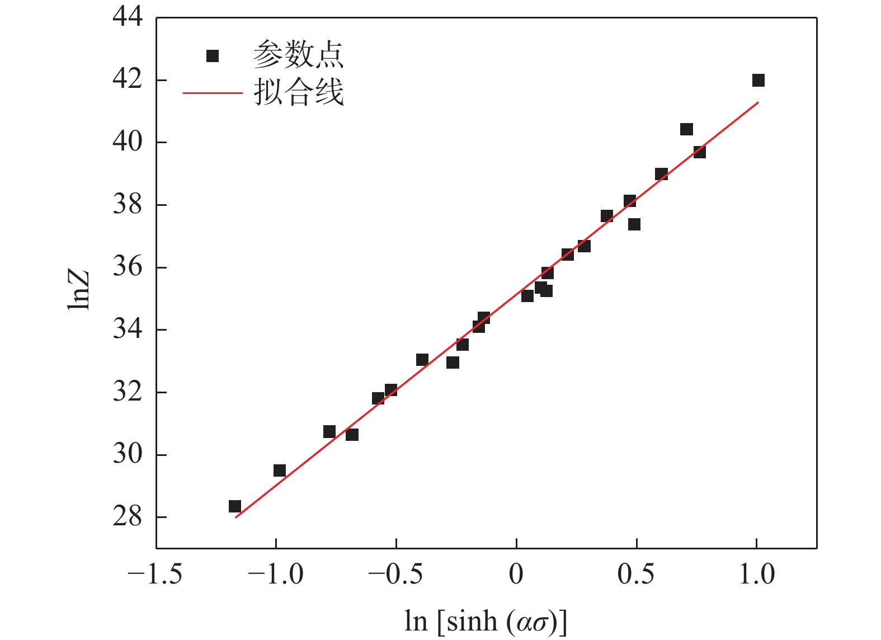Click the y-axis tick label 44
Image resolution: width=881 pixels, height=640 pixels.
128,17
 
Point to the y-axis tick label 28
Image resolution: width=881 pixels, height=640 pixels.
128,516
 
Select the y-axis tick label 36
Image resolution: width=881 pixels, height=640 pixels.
128,267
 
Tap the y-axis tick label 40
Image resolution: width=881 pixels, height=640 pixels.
128,142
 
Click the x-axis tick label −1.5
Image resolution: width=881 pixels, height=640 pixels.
155,574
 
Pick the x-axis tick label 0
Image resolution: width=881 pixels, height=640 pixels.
516,574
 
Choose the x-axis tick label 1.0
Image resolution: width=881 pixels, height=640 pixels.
757,574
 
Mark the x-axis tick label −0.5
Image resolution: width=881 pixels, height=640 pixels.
395,574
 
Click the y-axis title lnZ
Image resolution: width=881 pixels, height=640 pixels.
79,290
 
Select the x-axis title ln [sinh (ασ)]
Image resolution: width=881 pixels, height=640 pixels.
486,622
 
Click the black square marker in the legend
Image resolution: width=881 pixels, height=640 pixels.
213,56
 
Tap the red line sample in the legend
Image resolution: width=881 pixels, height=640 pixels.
213,92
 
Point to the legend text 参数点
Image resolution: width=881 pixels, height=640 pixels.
298,55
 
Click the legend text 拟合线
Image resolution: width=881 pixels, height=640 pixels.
298,92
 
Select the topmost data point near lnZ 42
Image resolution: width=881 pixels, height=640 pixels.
758,81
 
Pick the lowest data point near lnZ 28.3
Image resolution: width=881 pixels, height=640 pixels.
235,507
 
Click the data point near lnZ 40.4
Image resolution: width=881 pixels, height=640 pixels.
687,130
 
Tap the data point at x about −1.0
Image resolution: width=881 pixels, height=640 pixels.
280,470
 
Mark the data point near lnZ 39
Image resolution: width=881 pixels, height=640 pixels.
662,175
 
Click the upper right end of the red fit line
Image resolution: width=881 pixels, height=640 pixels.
758,102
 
